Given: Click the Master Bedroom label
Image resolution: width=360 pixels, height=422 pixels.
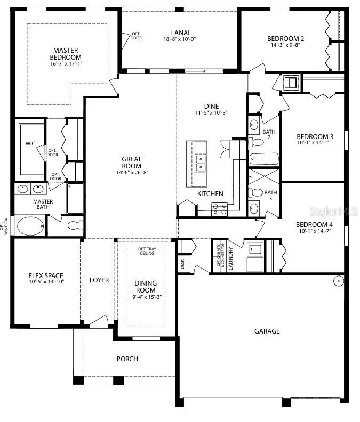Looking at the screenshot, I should (x=66, y=54).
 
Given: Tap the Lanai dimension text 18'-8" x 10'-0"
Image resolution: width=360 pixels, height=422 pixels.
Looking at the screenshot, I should (x=180, y=39).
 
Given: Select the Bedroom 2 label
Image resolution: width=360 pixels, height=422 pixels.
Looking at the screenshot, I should (x=285, y=38).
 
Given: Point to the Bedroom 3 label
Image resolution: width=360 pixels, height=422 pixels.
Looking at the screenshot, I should (x=315, y=136).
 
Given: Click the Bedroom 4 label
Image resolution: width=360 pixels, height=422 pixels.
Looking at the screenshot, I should (x=315, y=224).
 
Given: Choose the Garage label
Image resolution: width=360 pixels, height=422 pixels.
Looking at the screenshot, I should (x=267, y=331).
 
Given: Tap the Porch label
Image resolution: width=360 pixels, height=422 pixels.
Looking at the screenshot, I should (x=127, y=359).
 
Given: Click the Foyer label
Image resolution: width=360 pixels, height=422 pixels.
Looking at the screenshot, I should (x=99, y=280).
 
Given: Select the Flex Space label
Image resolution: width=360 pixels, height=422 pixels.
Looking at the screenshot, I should (x=46, y=276).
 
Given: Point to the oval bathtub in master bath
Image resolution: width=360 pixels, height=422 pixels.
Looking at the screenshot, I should (x=31, y=226).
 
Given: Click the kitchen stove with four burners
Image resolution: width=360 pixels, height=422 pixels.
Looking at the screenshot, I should (x=220, y=209).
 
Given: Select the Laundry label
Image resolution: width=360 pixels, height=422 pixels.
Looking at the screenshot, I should (x=231, y=258).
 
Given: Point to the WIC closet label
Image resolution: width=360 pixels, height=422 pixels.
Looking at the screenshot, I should (x=30, y=143).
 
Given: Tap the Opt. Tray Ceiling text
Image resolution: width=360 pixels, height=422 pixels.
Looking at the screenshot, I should (x=146, y=250).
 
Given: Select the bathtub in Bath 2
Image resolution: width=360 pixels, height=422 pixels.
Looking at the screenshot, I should (x=264, y=159).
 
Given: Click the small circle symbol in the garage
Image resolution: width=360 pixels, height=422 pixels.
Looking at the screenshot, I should (x=338, y=281).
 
